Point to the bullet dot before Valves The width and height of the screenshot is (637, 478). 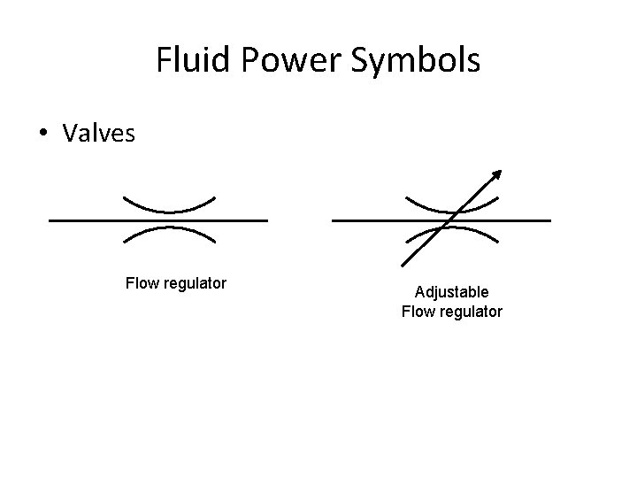(42, 134)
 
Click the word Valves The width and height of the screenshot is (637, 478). (99, 134)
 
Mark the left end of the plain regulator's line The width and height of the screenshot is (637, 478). (51, 220)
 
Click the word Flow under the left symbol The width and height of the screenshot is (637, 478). (142, 284)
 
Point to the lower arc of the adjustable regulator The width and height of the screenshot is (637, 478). (478, 233)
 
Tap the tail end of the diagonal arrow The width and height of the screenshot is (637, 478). (403, 264)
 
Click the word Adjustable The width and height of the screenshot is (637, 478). (451, 292)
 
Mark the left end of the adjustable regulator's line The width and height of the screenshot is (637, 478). (334, 220)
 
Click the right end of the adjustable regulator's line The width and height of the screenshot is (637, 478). (549, 220)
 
